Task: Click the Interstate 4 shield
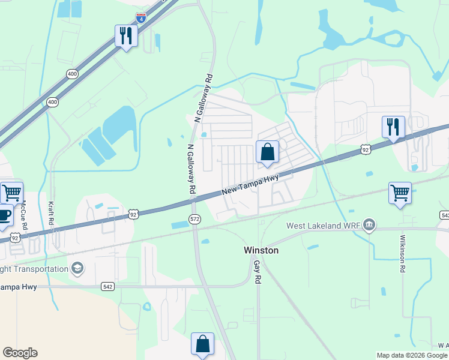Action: (x=140, y=18)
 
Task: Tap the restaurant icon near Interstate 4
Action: (x=126, y=35)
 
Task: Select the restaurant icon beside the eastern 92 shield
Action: (x=393, y=127)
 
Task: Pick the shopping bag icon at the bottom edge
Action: (x=203, y=344)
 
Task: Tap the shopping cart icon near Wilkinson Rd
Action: (x=400, y=193)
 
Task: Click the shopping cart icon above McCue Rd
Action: (x=11, y=193)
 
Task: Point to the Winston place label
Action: (x=261, y=250)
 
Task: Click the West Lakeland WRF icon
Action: (x=370, y=226)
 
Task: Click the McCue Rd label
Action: (x=23, y=214)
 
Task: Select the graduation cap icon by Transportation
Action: (x=77, y=268)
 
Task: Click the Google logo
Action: (x=20, y=353)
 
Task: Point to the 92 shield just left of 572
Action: (x=133, y=214)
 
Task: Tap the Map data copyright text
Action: (x=412, y=355)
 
